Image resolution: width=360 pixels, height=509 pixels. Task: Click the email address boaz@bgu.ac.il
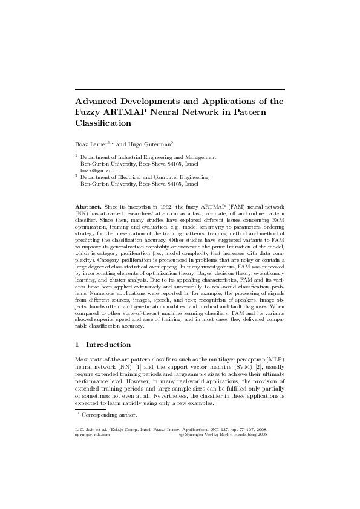[x=96, y=171]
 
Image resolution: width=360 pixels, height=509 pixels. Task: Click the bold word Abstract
[x=88, y=207]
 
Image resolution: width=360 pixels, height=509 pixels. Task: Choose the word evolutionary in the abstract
[x=266, y=282]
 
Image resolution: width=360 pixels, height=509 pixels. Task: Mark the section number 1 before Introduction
[x=77, y=345]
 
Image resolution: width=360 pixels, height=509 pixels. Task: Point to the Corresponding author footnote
[x=109, y=415]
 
